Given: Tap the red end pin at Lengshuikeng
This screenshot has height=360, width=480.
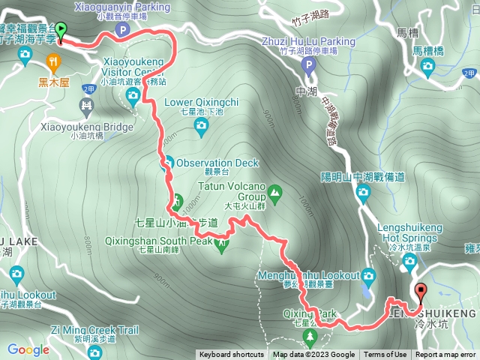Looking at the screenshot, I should pyautogui.click(x=420, y=292).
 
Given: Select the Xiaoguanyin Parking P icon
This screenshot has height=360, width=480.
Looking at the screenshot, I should pyautogui.click(x=122, y=30).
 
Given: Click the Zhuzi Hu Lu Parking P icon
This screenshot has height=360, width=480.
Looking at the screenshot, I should pyautogui.click(x=307, y=66).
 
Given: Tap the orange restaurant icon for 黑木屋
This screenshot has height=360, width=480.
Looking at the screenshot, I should pyautogui.click(x=54, y=61).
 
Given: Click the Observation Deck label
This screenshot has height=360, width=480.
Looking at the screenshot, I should pyautogui.click(x=217, y=163).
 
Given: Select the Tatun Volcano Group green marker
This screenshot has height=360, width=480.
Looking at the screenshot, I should pyautogui.click(x=274, y=192).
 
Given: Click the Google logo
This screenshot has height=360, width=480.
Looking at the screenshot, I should pyautogui.click(x=28, y=349).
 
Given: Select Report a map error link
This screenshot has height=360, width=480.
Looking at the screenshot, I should pyautogui.click(x=445, y=355).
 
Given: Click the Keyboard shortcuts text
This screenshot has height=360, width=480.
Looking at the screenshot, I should pyautogui.click(x=232, y=355).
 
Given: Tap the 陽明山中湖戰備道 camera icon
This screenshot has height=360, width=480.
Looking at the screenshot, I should pyautogui.click(x=364, y=194).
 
